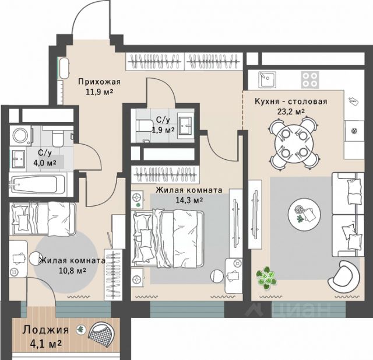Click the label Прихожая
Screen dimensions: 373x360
click(x=100, y=82)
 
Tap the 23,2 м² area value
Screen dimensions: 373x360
click(x=291, y=111)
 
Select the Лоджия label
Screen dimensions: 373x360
click(x=45, y=330)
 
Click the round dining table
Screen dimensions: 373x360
click(x=294, y=144)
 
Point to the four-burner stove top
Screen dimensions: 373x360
click(x=310, y=80)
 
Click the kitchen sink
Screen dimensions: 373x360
click(x=267, y=80)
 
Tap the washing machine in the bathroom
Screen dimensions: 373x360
click(x=20, y=136)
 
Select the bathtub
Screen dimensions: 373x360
click(x=37, y=184)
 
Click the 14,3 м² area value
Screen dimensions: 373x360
click(x=189, y=200)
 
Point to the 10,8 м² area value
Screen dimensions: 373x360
click(x=72, y=271)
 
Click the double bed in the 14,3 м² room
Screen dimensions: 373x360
click(x=168, y=238)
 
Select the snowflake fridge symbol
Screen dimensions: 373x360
click(x=354, y=131)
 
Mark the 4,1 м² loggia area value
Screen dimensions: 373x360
click(x=46, y=344)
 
